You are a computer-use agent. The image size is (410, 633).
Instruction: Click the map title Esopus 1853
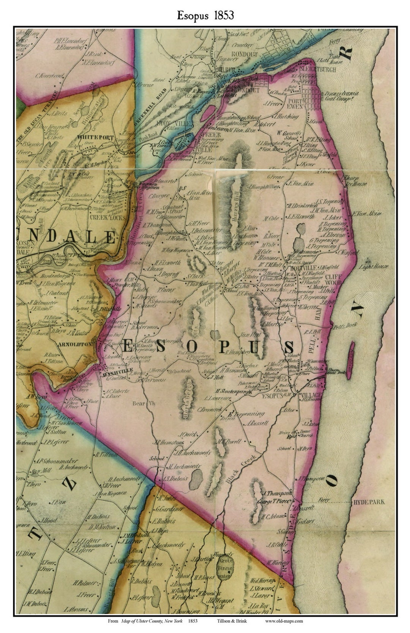205,15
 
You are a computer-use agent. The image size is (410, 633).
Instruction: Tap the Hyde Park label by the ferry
369,502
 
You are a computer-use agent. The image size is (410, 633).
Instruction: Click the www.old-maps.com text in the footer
284,621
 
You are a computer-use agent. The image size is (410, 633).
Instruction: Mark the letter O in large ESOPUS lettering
191,346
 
